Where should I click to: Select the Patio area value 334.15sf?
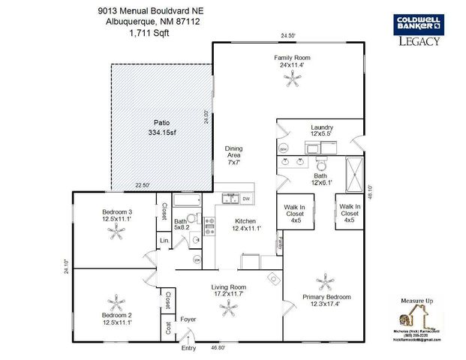click(161, 133)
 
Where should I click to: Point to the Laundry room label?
click(321, 127)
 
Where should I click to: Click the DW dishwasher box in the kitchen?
click(246, 198)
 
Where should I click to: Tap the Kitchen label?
click(247, 220)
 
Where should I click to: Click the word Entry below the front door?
click(188, 348)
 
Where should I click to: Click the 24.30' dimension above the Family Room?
click(288, 36)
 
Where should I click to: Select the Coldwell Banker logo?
click(417, 25)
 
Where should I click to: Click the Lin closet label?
click(163, 240)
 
